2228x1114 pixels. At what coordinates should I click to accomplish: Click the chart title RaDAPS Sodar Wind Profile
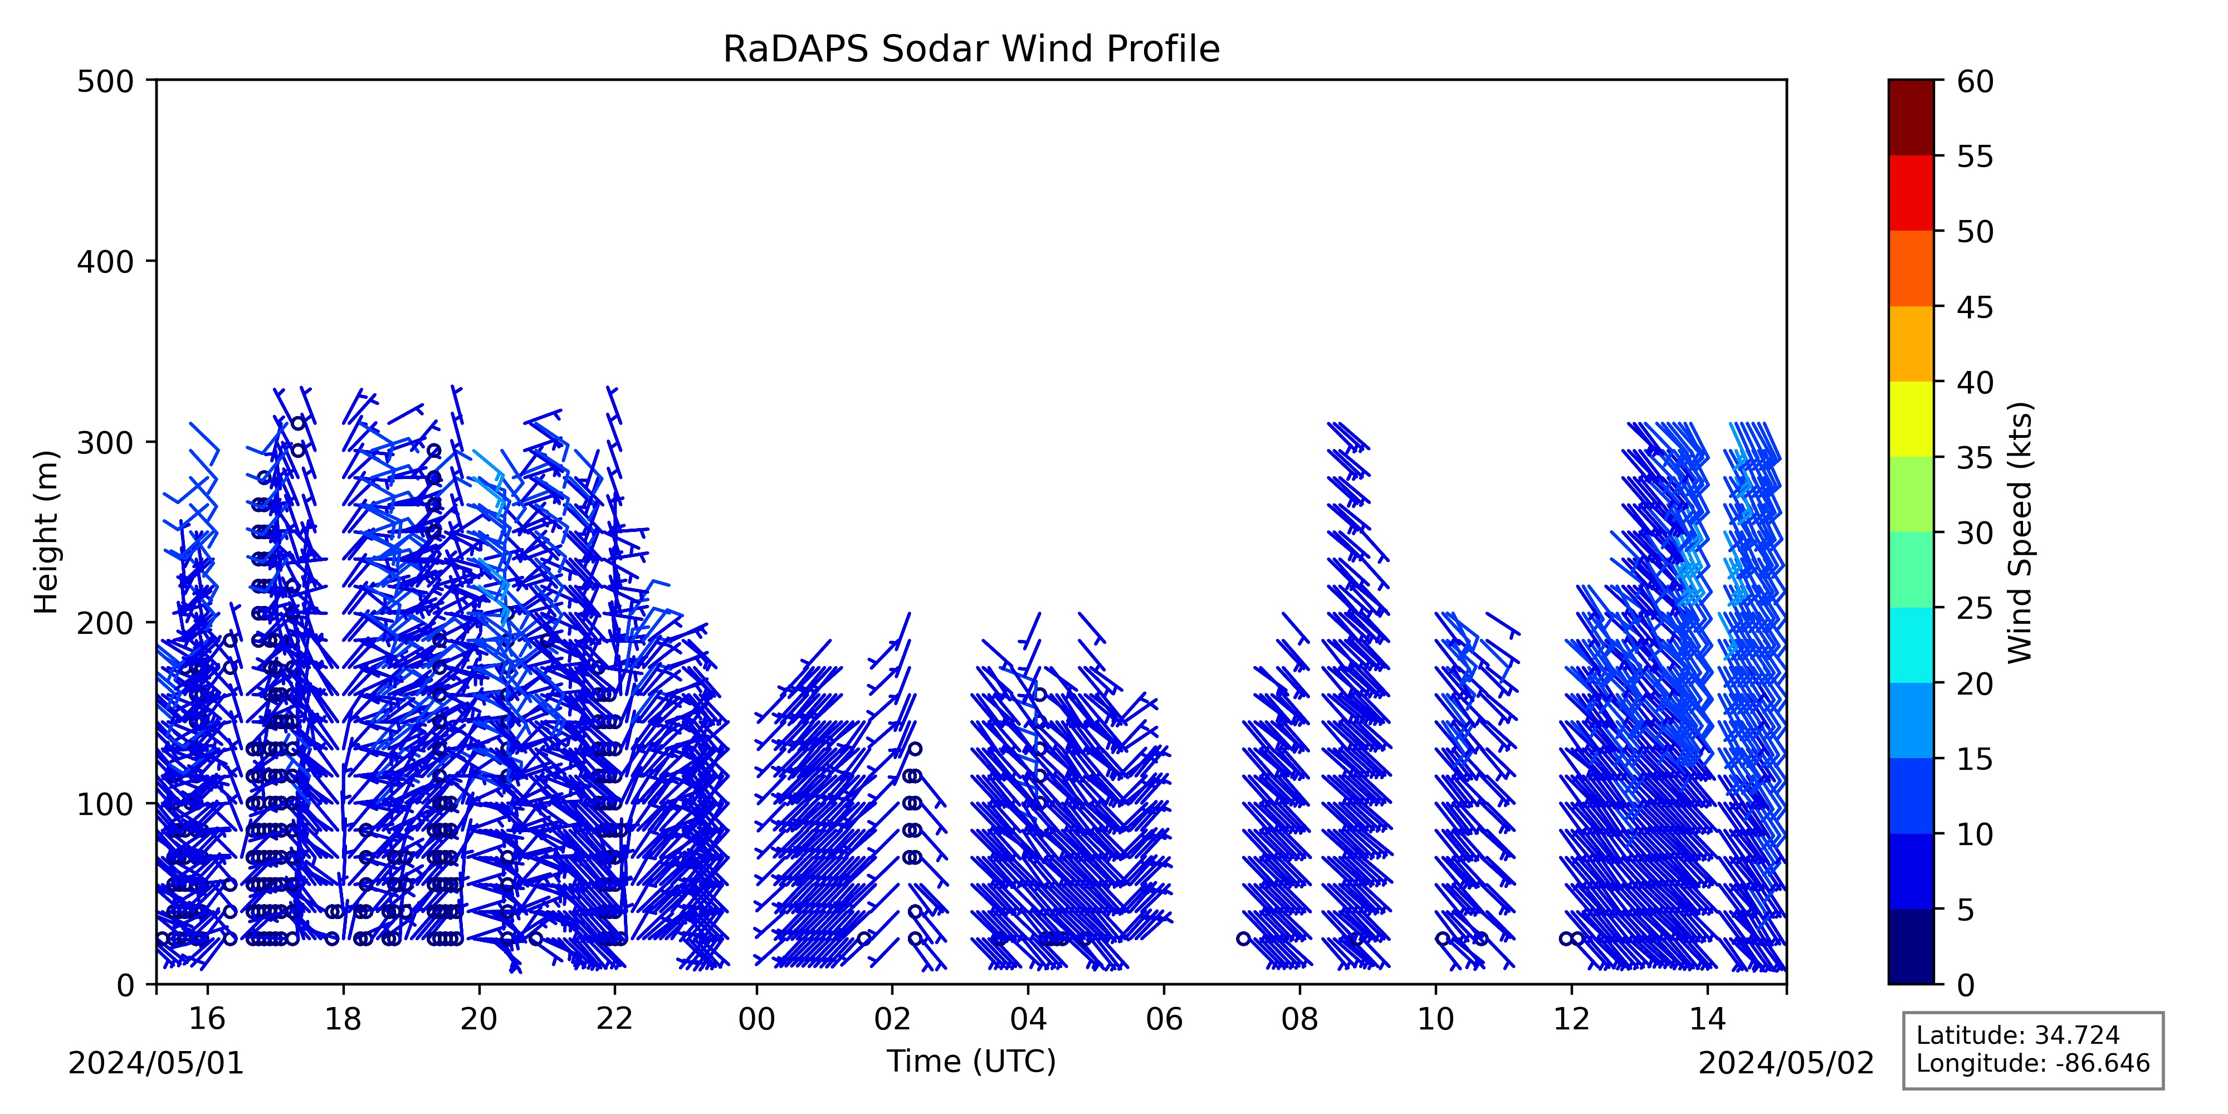pos(971,50)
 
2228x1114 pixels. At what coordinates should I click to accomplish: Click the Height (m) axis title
pos(47,532)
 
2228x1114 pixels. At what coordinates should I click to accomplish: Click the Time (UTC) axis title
pos(971,1061)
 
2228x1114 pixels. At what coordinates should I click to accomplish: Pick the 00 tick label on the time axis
pos(757,1019)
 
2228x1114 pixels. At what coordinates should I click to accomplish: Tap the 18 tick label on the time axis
pos(343,1019)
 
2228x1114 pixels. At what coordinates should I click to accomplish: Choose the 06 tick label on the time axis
pos(1164,1019)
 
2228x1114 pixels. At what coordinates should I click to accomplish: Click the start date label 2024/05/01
pos(157,1063)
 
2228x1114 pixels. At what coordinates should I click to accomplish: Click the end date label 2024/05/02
pos(1786,1063)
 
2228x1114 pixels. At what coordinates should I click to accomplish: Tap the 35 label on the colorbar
pos(1976,457)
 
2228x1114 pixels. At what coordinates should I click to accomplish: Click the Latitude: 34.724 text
pos(2018,1035)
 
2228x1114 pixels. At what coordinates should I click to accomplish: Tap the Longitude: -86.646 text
pos(2032,1063)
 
